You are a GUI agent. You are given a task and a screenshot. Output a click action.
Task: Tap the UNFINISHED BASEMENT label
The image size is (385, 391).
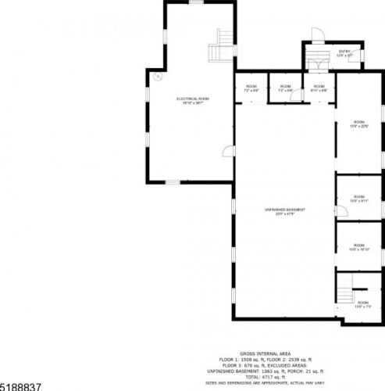pyautogui.click(x=284, y=210)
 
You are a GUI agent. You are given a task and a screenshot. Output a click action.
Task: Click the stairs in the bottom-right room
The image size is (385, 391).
pyautogui.click(x=345, y=293)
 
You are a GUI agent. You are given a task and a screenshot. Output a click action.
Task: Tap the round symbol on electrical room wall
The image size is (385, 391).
pyautogui.click(x=157, y=77)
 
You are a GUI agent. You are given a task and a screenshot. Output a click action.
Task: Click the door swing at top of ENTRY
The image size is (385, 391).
pyautogui.click(x=317, y=34)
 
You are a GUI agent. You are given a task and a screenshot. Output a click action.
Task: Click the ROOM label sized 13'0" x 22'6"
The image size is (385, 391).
pyautogui.click(x=359, y=124)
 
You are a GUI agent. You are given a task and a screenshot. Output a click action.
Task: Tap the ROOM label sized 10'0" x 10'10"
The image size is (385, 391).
pyautogui.click(x=359, y=247)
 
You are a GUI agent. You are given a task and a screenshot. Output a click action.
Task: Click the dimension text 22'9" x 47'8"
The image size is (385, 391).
pyautogui.click(x=284, y=214)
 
